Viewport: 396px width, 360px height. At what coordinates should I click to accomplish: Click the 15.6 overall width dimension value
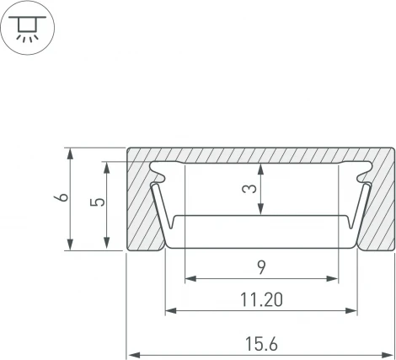pyautogui.click(x=261, y=344)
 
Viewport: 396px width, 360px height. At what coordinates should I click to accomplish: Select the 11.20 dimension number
pyautogui.click(x=261, y=299)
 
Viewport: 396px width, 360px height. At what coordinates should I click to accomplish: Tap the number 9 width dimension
pyautogui.click(x=261, y=267)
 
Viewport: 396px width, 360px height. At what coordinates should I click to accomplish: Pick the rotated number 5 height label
pyautogui.click(x=98, y=202)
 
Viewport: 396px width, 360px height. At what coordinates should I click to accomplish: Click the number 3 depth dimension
pyautogui.click(x=249, y=188)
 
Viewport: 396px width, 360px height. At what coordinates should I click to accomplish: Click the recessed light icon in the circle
pyautogui.click(x=27, y=28)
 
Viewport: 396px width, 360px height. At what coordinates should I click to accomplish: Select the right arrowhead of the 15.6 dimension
pyautogui.click(x=388, y=355)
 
